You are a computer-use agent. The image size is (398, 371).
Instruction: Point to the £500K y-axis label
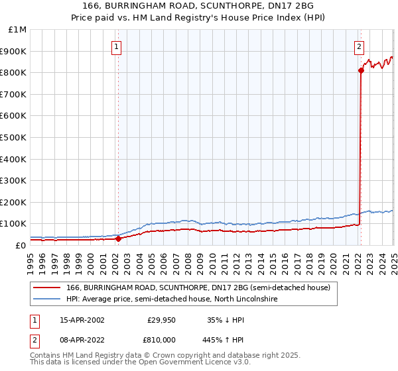pyautogui.click(x=13, y=138)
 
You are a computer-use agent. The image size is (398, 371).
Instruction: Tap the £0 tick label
pyautogui.click(x=21, y=246)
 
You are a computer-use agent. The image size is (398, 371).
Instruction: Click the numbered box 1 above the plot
pyautogui.click(x=117, y=46)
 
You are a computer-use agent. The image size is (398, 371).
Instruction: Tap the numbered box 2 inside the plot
pyautogui.click(x=359, y=46)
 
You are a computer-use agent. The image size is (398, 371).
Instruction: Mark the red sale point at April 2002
pyautogui.click(x=118, y=239)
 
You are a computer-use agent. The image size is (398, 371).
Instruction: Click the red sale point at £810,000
pyautogui.click(x=361, y=70)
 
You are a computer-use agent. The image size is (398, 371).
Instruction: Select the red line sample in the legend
pyautogui.click(x=46, y=288)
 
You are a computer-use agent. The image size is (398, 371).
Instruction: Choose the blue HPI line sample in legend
pyautogui.click(x=46, y=299)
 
